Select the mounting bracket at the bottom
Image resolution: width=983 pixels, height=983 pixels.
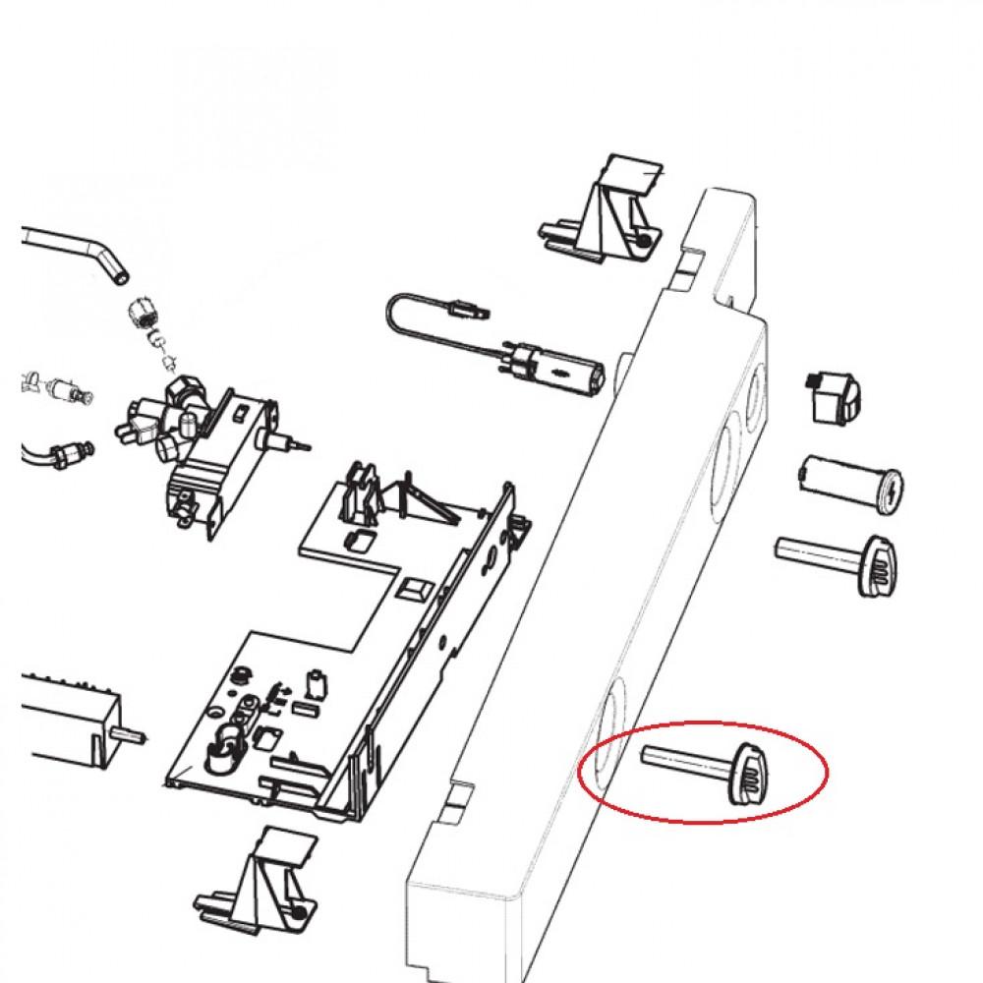pyautogui.click(x=260, y=875)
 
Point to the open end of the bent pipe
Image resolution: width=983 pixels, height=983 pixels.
pyautogui.click(x=118, y=276)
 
